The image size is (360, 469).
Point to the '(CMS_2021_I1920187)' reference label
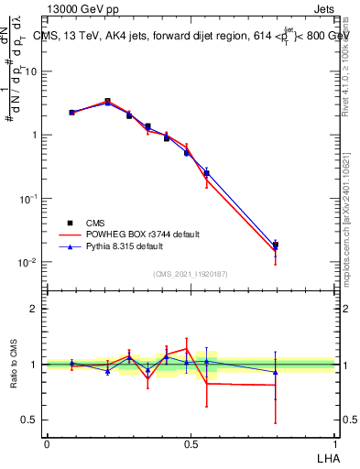click(191, 273)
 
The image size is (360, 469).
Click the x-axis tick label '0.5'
click(190, 443)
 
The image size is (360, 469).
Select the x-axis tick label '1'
click(333, 443)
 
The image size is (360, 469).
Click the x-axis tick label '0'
click(47, 443)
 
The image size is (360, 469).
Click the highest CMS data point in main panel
click(107, 102)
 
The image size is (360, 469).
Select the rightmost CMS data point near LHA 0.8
click(276, 245)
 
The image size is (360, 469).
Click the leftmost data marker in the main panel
click(71, 112)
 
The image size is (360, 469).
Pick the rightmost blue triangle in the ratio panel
click(276, 371)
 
